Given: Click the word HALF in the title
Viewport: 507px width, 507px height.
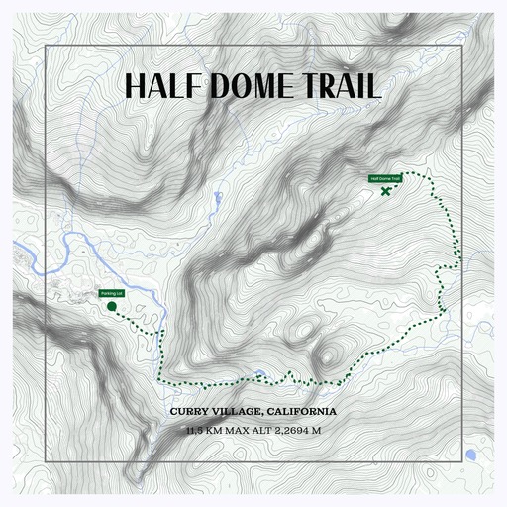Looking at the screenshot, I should coord(163,86).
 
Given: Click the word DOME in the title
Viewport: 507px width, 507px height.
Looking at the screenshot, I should coord(253,86).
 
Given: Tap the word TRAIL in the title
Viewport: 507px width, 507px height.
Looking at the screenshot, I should coord(340,86).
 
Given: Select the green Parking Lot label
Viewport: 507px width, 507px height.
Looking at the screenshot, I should coord(111,294).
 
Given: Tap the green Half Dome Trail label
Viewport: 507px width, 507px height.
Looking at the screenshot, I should coord(385,179).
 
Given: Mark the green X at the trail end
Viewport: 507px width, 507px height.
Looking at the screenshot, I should coord(384,190).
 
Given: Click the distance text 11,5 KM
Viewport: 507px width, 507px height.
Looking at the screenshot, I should coord(204,431).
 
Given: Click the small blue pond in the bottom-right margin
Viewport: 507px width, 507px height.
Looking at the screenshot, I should coord(470,455).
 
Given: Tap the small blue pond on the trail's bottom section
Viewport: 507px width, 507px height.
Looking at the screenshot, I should coord(259,374).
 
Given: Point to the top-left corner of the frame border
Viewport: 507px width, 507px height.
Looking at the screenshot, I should coord(47,46).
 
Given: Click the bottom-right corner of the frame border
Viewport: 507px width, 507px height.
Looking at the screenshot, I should coord(461,461).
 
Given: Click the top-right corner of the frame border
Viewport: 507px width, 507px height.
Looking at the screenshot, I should coord(461,46).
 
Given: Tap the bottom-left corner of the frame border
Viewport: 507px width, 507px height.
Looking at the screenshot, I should coord(47,461).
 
